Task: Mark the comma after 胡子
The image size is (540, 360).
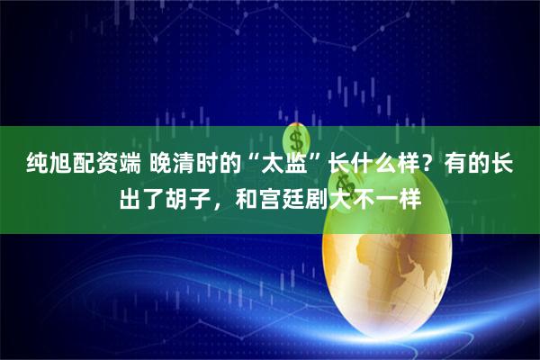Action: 220,198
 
